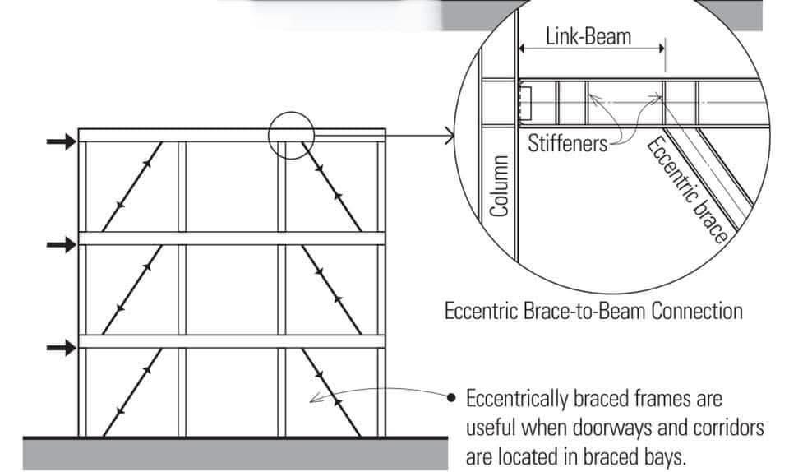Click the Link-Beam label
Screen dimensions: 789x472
pos(588,37)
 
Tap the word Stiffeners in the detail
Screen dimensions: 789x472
pos(568,143)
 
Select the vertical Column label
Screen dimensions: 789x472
pos(499,186)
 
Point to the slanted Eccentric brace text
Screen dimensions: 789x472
pos(687,190)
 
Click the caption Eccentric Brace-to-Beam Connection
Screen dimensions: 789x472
pos(593,311)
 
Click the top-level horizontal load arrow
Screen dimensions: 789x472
pos(62,142)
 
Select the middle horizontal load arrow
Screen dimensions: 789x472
pos(62,245)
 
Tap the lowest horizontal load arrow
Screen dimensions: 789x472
pos(62,348)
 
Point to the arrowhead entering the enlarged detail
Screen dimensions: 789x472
pos(450,136)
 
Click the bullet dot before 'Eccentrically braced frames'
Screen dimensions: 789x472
pos(451,398)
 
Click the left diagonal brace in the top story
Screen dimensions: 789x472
pos(132,187)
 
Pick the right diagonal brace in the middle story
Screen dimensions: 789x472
pos(331,289)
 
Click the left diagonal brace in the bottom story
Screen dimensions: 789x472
pos(132,392)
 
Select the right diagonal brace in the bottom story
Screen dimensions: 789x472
pos(331,392)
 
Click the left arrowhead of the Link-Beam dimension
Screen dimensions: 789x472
pos(521,49)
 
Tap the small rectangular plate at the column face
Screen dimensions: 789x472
pos(525,103)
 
